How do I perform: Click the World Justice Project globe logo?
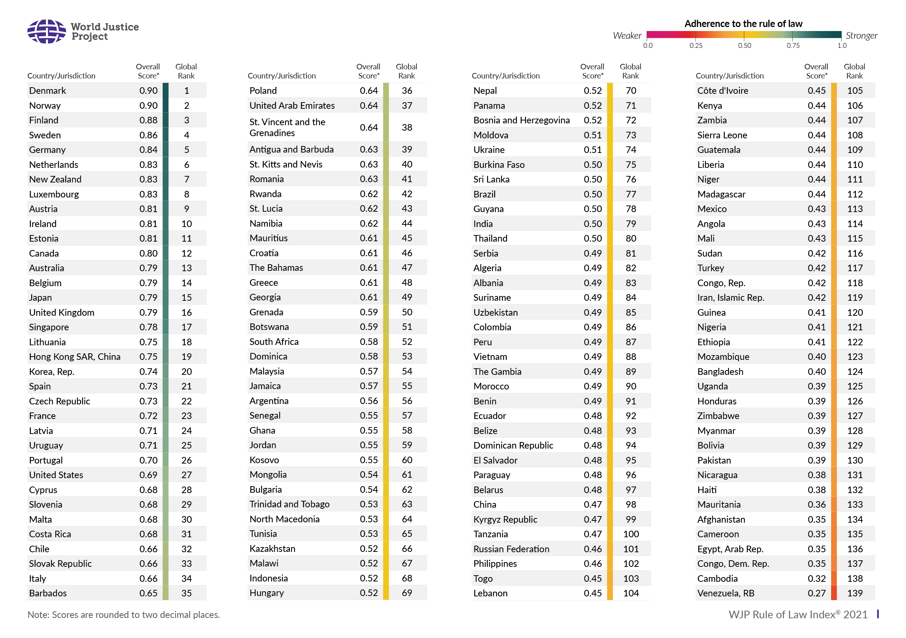coord(46,31)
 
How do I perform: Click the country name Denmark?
coord(47,91)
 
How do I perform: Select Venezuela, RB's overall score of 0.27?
coord(816,593)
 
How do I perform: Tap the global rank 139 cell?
coord(855,593)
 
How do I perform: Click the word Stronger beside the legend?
coord(861,36)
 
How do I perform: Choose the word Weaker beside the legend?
coord(627,36)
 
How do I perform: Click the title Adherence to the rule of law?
coord(743,24)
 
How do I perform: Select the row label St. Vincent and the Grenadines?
coord(287,127)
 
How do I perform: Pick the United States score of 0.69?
coord(148,475)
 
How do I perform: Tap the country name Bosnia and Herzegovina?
coord(522,120)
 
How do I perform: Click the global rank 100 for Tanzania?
coord(631,534)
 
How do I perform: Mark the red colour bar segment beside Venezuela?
coord(834,593)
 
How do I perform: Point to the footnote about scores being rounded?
coord(123,615)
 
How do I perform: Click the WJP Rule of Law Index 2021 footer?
coord(798,614)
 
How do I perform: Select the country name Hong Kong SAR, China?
coord(75,357)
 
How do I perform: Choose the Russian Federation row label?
coord(511,549)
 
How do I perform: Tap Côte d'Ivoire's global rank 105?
coord(855,91)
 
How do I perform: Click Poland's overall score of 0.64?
coord(369,91)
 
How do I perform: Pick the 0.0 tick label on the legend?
coord(648,45)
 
